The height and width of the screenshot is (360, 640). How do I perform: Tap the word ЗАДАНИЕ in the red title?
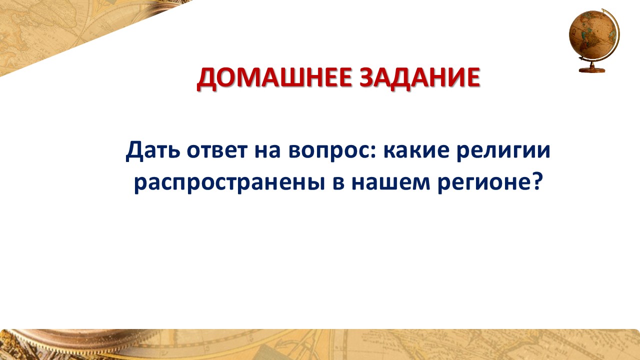click(419, 77)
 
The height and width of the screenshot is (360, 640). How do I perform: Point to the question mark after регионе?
click(536, 181)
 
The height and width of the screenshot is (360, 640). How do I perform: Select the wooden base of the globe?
click(592, 69)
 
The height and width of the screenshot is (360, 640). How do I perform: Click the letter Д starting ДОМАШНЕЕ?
click(206, 79)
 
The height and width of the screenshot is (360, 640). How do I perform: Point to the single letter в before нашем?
click(338, 183)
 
